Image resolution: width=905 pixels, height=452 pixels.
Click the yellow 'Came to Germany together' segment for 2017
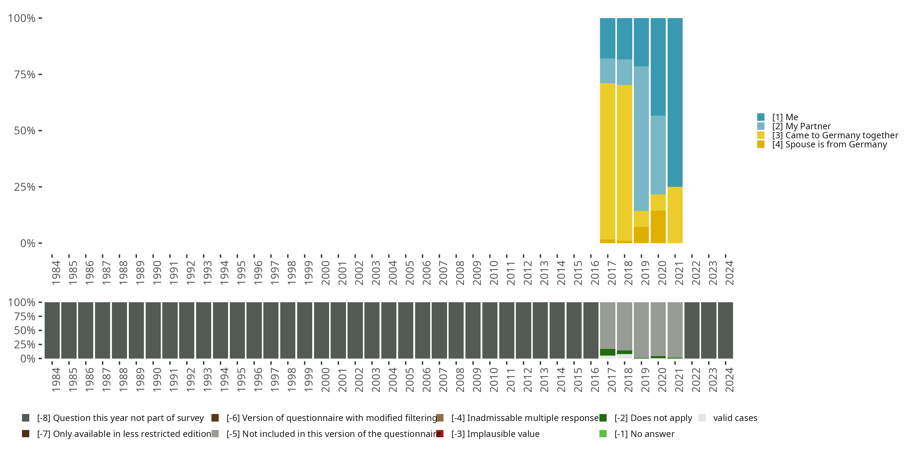pos(608,162)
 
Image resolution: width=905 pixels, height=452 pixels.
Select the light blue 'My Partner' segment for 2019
pos(641,139)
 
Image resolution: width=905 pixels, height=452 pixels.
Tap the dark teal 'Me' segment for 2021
pos(675,102)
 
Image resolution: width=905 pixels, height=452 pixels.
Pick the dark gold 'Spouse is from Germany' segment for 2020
pos(658,227)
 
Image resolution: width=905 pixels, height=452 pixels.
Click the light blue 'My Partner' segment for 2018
pos(624,72)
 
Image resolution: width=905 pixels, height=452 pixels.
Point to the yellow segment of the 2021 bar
pos(675,215)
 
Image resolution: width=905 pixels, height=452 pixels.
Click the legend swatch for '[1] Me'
pos(761,117)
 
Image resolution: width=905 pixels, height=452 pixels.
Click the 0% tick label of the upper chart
pos(28,243)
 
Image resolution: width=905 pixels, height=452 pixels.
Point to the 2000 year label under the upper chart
pos(325,273)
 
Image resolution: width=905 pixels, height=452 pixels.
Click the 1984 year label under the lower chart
pos(56,380)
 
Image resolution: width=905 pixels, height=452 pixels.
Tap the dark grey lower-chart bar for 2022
pos(692,330)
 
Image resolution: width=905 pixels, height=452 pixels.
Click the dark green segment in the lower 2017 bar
pos(608,352)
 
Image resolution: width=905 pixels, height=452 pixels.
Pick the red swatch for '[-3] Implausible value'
pos(440,434)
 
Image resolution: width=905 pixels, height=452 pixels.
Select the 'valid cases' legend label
pos(735,418)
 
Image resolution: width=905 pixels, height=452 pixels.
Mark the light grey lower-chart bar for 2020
pos(658,328)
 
